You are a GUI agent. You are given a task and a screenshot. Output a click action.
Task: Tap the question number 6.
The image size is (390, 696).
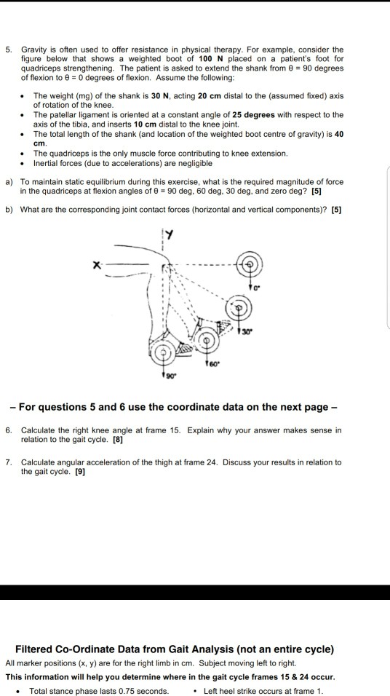(8, 430)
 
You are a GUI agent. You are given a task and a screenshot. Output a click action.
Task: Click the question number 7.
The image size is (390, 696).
(8, 462)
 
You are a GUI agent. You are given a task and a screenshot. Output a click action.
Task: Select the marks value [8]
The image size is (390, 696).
(117, 440)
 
